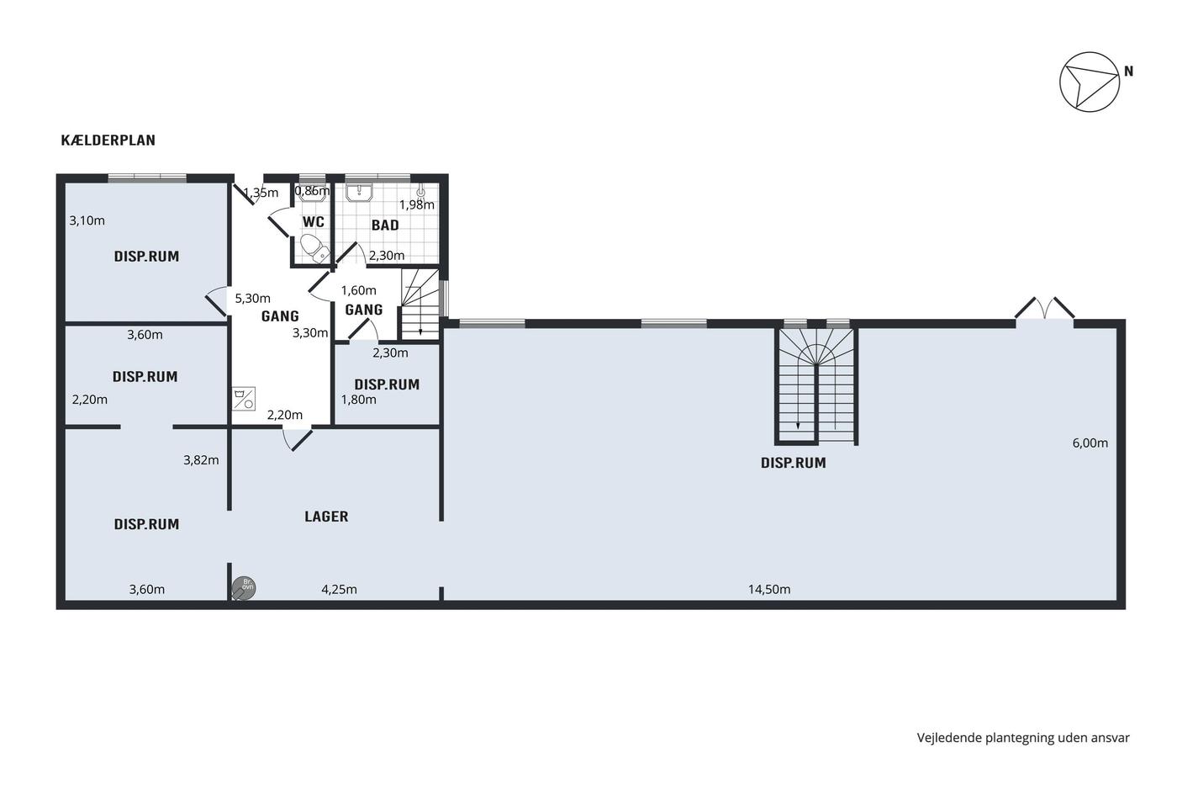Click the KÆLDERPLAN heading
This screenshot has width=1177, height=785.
[108, 141]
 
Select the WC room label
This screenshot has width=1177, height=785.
[313, 221]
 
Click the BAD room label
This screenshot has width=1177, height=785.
[385, 225]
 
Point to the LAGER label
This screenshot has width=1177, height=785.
[326, 517]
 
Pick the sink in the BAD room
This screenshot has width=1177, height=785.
[360, 193]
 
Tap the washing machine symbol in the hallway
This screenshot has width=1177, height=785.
[244, 399]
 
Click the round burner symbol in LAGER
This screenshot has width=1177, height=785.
[244, 588]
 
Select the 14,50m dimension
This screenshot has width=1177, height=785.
[769, 590]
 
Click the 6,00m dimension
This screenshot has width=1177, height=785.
[1090, 443]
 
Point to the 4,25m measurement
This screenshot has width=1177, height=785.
[339, 590]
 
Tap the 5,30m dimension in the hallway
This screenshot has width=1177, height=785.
[253, 299]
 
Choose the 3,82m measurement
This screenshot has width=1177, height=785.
[201, 460]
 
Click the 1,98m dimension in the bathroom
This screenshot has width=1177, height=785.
[417, 204]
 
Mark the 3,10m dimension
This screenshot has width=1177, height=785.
[87, 220]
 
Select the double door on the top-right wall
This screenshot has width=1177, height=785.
[1044, 309]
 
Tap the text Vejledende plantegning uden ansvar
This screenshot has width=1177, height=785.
[1023, 738]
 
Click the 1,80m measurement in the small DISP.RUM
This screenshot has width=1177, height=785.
[359, 400]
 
